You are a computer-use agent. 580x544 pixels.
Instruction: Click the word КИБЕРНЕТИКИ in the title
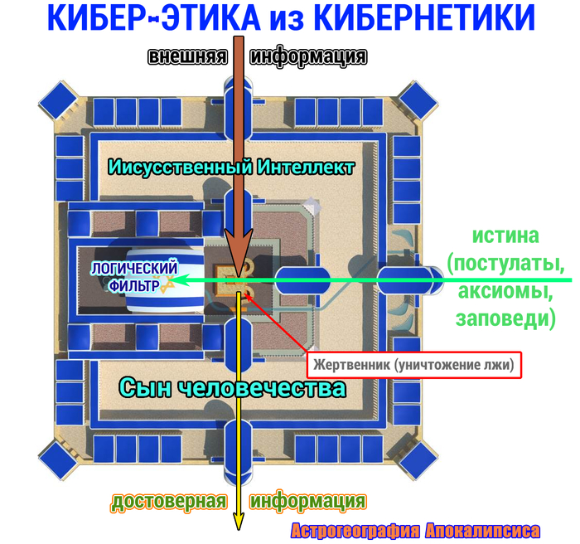tap(424, 17)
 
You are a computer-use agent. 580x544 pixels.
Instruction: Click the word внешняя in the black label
tap(187, 56)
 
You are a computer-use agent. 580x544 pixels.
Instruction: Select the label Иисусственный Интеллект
tap(231, 167)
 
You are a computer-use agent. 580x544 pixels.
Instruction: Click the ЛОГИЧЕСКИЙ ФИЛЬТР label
tap(134, 277)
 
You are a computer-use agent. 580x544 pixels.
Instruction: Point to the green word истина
tap(505, 236)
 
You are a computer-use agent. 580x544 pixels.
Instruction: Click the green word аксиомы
tap(505, 291)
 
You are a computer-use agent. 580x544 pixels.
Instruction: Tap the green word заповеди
tap(505, 318)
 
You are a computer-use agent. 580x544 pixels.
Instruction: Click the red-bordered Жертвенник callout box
tap(414, 365)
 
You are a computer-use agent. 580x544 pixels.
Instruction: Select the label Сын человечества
tap(232, 388)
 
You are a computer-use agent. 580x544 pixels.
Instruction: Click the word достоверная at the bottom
tap(169, 501)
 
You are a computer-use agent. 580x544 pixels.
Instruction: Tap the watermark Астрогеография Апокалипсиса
tap(415, 531)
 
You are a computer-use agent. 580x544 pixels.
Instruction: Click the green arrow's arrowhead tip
tap(171, 280)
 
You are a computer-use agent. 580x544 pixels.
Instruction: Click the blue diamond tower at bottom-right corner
tap(418, 460)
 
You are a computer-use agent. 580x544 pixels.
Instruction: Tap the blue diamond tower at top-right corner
tap(418, 100)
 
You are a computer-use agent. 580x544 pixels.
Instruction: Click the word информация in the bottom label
tap(308, 501)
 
